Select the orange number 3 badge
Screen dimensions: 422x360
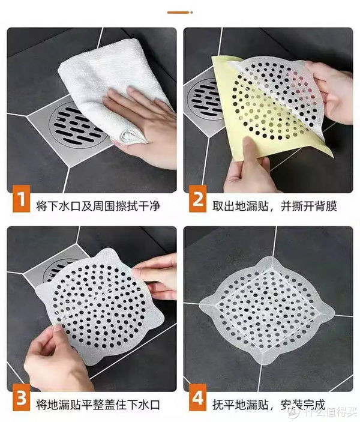coord(20,400)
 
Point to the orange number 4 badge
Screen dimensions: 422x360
coord(197,400)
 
